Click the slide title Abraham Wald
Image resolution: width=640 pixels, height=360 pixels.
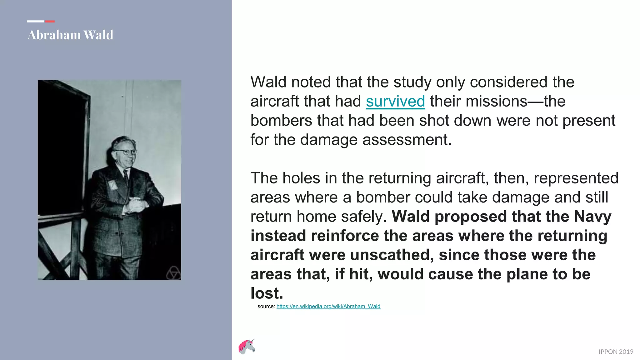point(70,35)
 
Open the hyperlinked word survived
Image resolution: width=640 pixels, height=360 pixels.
point(395,102)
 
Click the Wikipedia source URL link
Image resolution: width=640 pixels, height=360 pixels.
point(328,307)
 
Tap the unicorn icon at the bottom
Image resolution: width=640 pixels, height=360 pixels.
point(247,347)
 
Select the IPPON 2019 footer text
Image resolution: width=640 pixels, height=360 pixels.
point(616,352)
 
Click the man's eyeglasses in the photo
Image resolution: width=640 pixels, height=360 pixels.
point(126,152)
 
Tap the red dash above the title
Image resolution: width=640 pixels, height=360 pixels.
point(50,21)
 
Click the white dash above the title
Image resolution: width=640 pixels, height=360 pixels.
point(35,21)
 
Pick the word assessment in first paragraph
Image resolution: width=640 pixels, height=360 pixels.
point(407,140)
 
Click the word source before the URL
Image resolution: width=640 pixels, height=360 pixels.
point(266,307)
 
